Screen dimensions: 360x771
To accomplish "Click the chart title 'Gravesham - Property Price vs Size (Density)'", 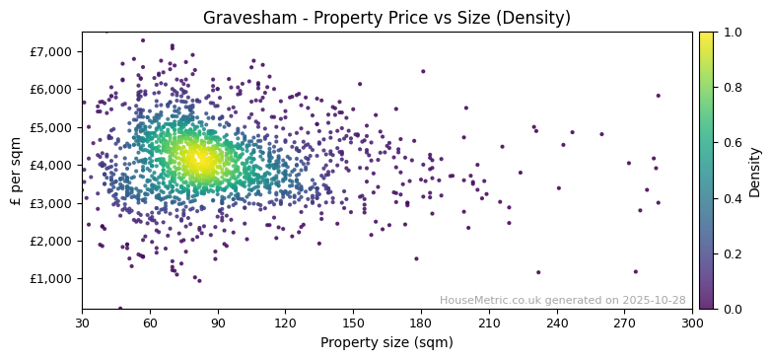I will [386, 18].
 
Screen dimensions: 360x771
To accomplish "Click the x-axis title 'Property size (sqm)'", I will [386, 343].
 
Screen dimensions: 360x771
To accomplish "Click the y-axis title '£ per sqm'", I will [16, 170].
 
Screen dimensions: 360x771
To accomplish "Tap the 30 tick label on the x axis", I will [82, 323].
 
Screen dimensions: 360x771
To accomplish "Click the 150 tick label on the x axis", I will [353, 323].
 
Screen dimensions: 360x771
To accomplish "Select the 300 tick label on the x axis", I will [692, 323].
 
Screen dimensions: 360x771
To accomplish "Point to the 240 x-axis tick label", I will [557, 323].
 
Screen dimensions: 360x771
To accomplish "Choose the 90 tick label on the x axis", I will [218, 323].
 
